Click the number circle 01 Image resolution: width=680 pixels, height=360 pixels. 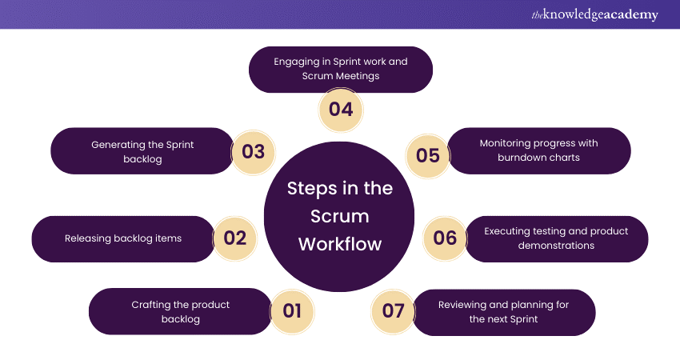click(x=292, y=310)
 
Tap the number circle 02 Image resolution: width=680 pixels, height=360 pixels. click(x=235, y=238)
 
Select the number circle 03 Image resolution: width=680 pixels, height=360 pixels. click(x=253, y=151)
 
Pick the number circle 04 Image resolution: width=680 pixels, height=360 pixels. click(x=341, y=109)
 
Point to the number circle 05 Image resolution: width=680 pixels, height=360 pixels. click(x=428, y=154)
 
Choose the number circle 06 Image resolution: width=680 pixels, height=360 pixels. click(x=445, y=238)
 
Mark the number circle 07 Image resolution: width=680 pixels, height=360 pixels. click(x=394, y=310)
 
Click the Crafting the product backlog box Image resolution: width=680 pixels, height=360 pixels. click(x=179, y=311)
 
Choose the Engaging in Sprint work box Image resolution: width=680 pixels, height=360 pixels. click(x=341, y=69)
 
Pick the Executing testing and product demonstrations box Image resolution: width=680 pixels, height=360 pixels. click(x=557, y=238)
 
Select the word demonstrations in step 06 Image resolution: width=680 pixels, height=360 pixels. click(x=555, y=246)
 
